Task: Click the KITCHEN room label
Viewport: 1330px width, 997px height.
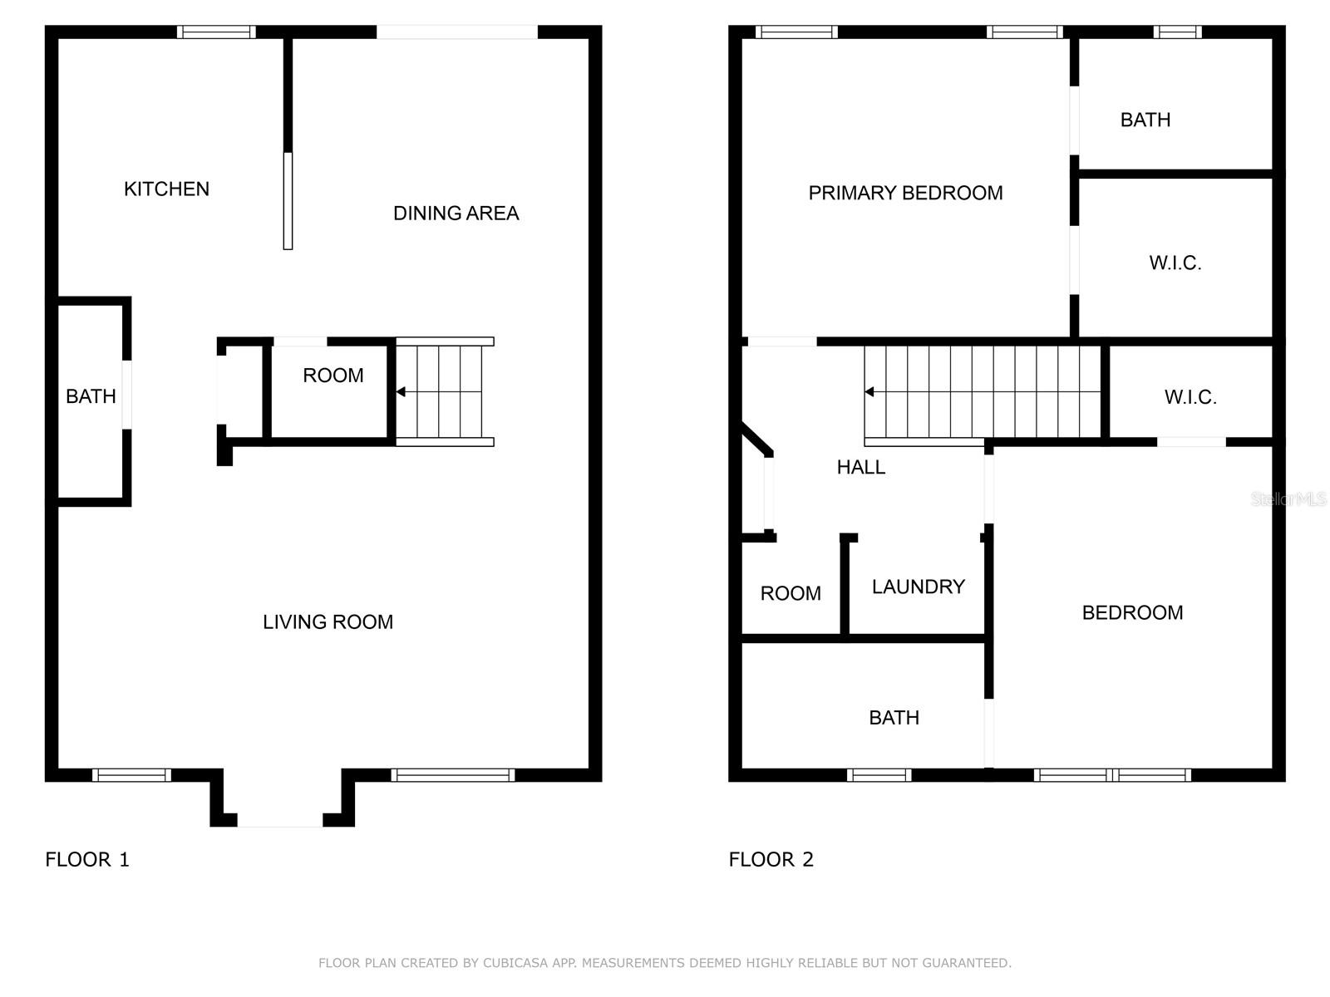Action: coord(166,189)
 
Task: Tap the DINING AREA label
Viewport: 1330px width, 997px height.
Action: coord(456,214)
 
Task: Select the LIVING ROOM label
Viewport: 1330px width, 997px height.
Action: coord(328,622)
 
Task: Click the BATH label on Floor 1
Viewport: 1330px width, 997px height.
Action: coord(91,397)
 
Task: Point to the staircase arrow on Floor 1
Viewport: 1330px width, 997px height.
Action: coord(401,392)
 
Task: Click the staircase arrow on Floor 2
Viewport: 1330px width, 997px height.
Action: coord(869,392)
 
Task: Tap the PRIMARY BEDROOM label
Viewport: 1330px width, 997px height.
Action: coord(905,194)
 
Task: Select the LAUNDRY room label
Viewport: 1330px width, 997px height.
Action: coord(918,587)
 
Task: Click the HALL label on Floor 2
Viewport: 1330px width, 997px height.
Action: coord(860,468)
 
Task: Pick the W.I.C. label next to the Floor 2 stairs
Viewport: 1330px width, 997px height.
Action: coord(1190,398)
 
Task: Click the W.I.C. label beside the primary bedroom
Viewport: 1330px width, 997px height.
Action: coord(1175,263)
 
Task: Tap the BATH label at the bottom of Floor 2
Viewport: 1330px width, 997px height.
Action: coord(894,718)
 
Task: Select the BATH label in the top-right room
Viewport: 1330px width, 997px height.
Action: coord(1145,120)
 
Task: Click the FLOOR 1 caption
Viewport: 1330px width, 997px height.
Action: coord(87,860)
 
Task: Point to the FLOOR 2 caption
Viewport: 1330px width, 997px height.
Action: coord(771,860)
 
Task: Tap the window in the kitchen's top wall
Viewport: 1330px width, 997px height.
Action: coord(216,32)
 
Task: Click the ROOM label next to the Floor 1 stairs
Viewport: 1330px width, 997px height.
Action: coord(332,376)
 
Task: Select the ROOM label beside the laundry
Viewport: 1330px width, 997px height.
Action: coord(790,594)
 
